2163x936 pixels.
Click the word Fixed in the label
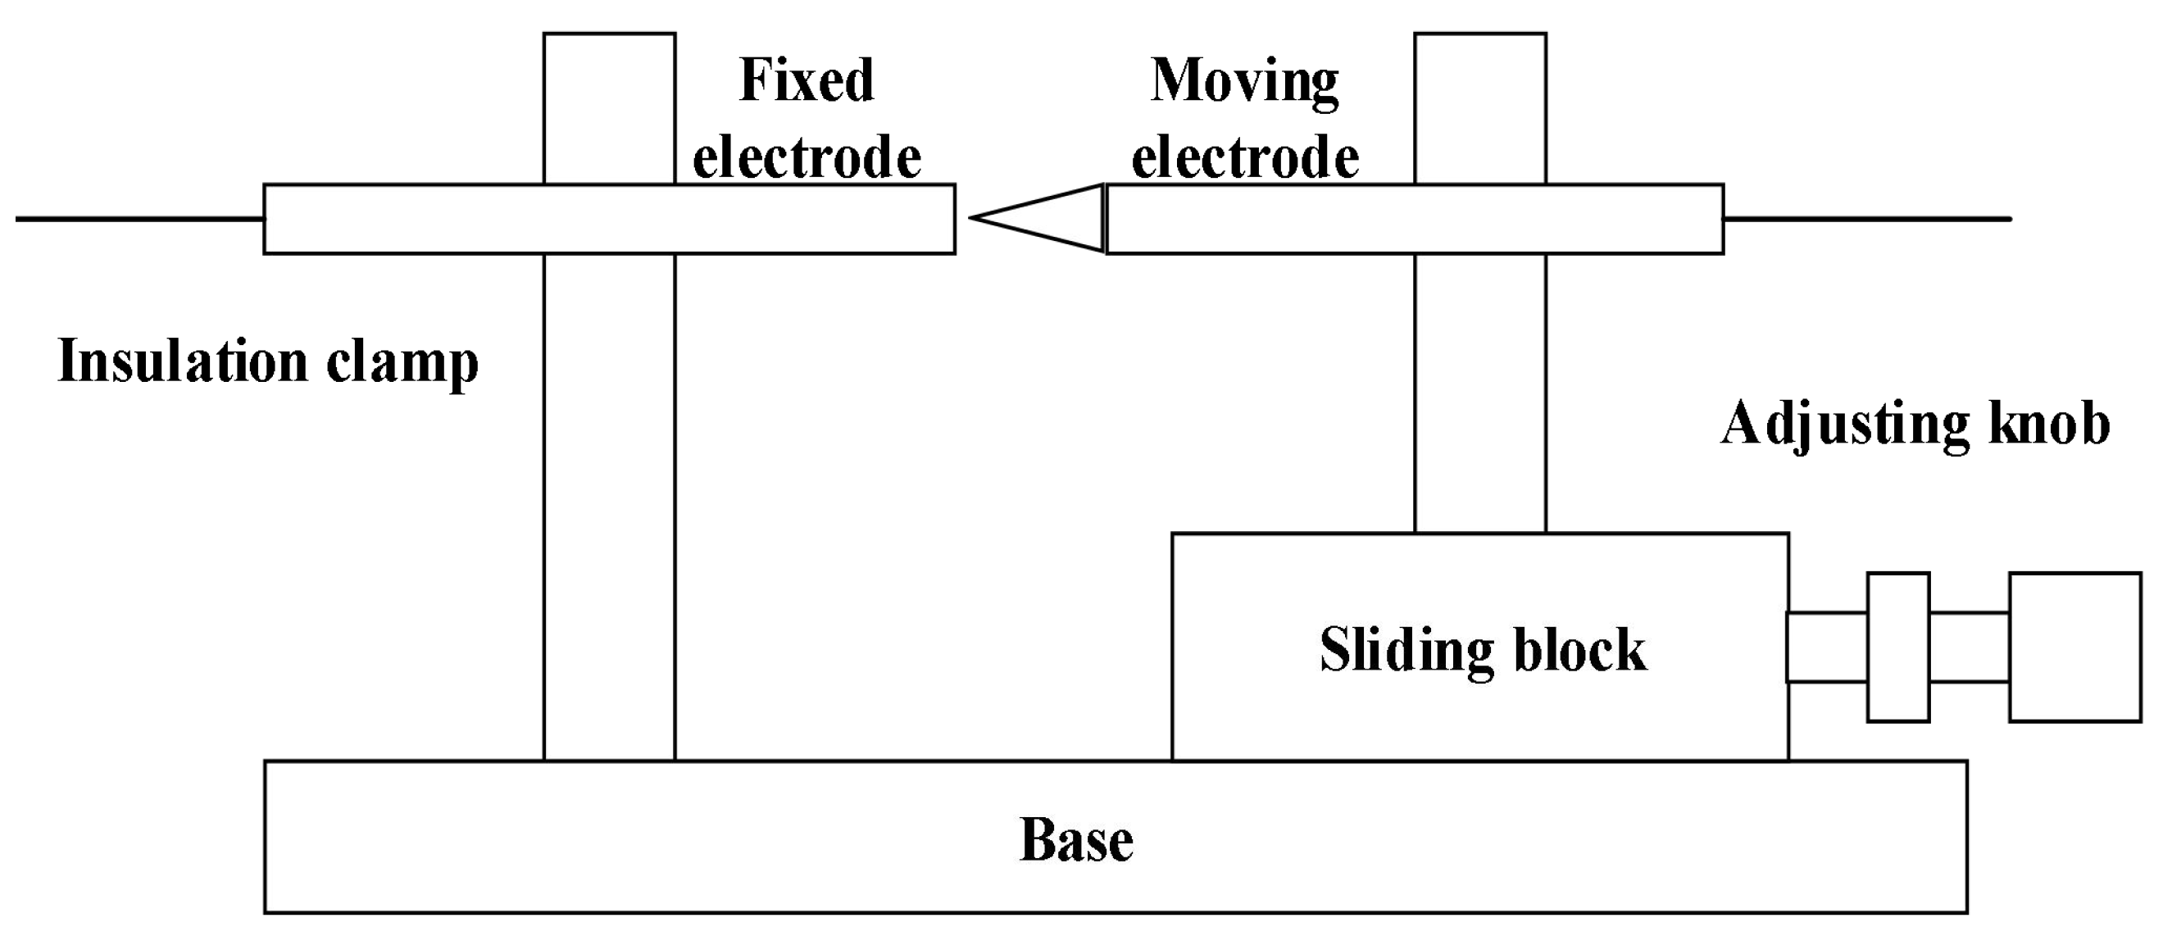[x=806, y=80]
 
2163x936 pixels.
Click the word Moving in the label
[x=1244, y=82]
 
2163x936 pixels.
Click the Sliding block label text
[x=1483, y=650]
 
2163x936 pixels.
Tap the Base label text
[x=1076, y=839]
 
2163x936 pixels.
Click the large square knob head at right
[x=2074, y=647]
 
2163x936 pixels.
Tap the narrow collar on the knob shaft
[x=1897, y=647]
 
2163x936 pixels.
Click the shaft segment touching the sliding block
[x=1827, y=647]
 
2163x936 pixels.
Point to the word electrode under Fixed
[x=806, y=158]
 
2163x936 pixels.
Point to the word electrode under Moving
[x=1244, y=158]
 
